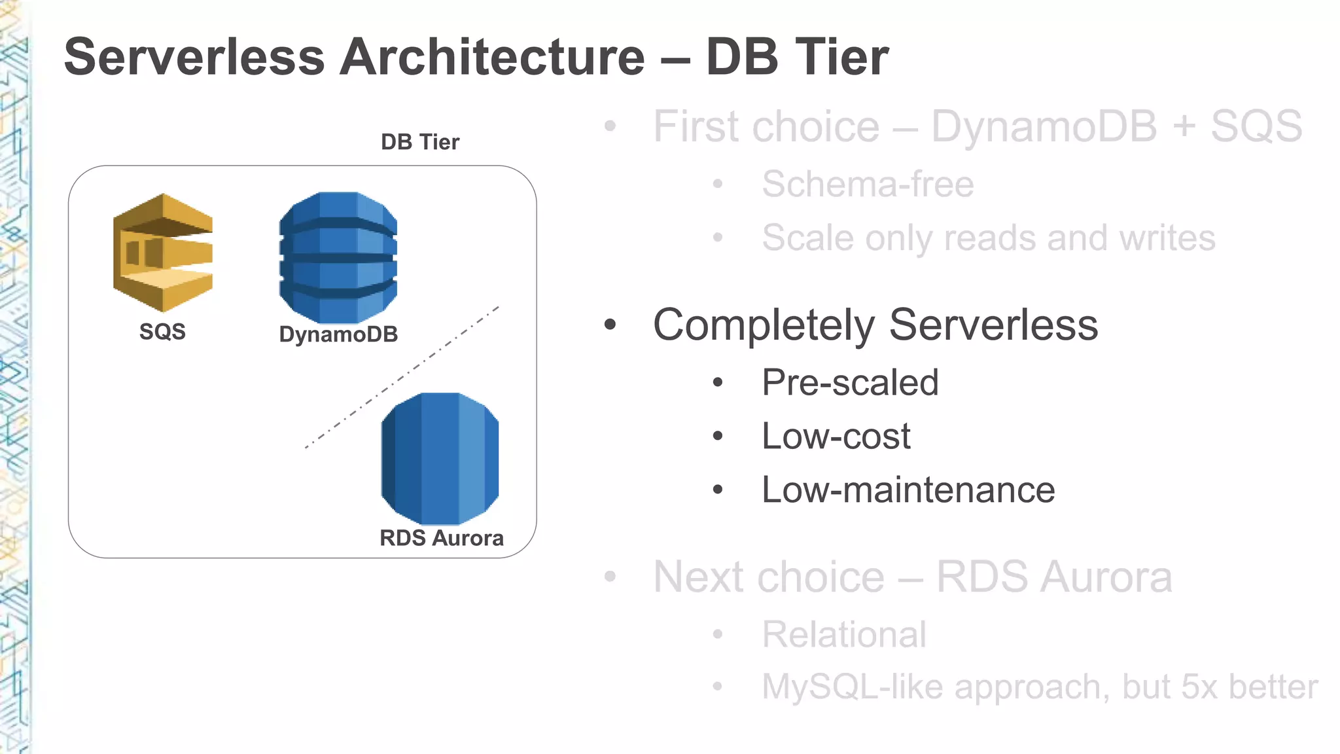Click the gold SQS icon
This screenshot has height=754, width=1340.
point(162,253)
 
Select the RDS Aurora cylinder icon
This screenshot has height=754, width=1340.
point(440,458)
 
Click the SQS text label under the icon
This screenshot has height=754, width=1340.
point(162,332)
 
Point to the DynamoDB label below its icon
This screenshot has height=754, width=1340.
point(338,334)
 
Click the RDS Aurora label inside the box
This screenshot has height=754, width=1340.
point(442,538)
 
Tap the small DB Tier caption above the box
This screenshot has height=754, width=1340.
point(420,142)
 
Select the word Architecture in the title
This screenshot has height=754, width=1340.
point(492,57)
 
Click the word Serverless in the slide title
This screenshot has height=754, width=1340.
point(194,57)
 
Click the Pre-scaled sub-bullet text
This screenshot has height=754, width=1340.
point(850,383)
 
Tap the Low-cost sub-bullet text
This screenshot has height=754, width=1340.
point(836,437)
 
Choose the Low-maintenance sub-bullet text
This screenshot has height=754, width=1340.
point(908,490)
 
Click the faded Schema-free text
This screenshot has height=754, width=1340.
point(868,185)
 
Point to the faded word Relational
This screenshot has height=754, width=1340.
point(844,635)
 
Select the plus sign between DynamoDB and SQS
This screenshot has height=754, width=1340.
point(1184,127)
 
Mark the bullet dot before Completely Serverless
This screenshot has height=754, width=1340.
point(610,325)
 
